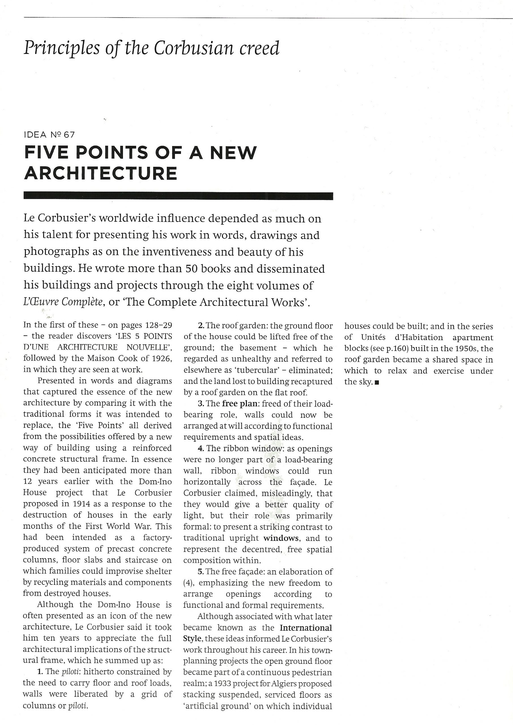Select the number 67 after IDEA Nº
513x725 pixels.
point(69,135)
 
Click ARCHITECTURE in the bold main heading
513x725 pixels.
point(101,173)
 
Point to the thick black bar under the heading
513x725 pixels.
point(178,196)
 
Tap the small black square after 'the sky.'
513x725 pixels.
point(376,382)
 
